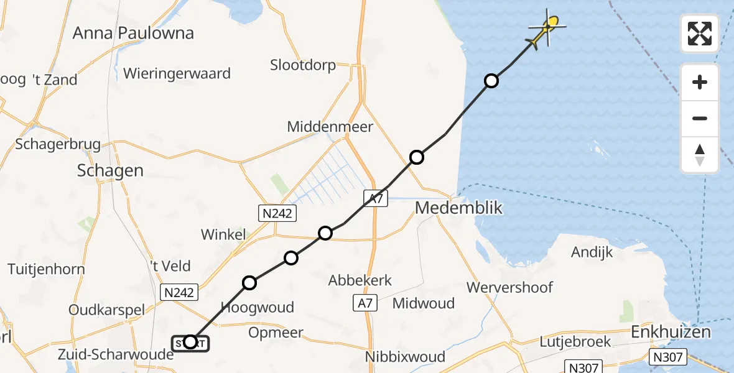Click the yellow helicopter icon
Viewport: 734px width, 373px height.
(x=547, y=29)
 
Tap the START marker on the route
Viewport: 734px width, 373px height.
(x=190, y=342)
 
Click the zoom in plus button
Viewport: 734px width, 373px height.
(x=700, y=83)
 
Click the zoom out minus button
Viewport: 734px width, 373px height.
(x=700, y=118)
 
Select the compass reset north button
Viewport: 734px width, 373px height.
(x=700, y=155)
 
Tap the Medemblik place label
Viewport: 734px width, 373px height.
(x=458, y=208)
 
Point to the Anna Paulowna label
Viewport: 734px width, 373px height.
(x=133, y=33)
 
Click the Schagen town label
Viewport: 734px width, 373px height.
(x=110, y=171)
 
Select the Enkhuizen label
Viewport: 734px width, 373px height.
(x=671, y=332)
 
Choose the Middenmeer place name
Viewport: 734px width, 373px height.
(x=330, y=127)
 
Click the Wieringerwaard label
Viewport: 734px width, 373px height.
(x=177, y=73)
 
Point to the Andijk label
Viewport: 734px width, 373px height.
(x=592, y=252)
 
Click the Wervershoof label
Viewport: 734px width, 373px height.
(x=509, y=287)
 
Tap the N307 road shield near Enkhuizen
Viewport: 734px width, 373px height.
(x=669, y=357)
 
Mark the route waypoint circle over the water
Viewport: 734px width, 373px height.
(x=491, y=81)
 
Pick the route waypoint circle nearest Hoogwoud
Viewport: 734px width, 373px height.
(x=249, y=283)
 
